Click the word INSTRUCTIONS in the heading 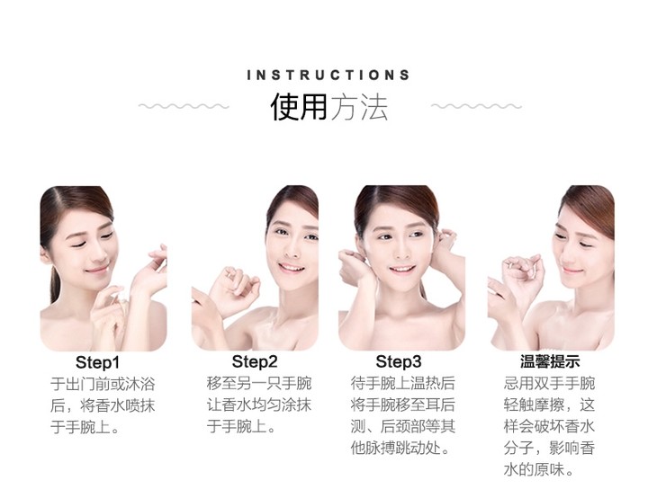(x=328, y=76)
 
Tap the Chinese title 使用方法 (x=328, y=107)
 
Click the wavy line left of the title (x=184, y=106)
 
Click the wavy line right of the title (x=476, y=106)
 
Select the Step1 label (x=97, y=362)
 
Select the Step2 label (x=255, y=361)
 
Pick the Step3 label (x=399, y=361)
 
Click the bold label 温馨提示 (x=550, y=361)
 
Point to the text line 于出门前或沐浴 (x=103, y=384)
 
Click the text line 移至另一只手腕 (x=259, y=383)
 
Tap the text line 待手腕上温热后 (x=402, y=383)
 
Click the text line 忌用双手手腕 (x=549, y=383)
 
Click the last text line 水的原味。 (x=538, y=470)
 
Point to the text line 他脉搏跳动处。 (x=400, y=449)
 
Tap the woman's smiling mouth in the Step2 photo (x=291, y=267)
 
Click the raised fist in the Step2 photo (x=235, y=289)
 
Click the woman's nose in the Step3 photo (x=401, y=250)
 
